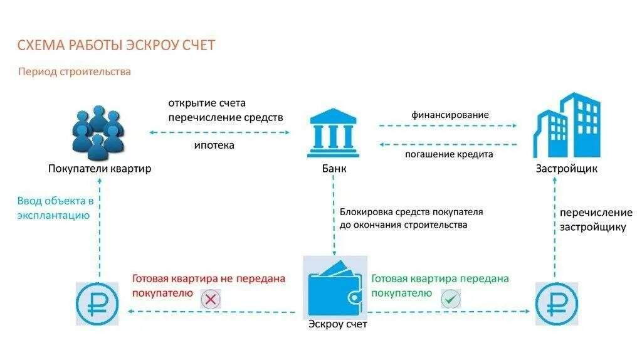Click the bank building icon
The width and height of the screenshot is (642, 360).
click(x=334, y=134)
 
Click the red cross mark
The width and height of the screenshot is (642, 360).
click(x=211, y=300)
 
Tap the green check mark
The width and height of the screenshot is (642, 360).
click(x=450, y=299)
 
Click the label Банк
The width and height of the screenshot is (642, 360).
click(x=334, y=169)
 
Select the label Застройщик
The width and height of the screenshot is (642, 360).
click(x=566, y=169)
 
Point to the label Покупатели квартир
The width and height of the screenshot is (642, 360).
click(x=100, y=169)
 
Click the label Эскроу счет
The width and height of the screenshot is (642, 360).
click(x=337, y=324)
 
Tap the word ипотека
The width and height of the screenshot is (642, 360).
click(x=214, y=146)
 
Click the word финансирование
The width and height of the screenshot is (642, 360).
click(x=450, y=115)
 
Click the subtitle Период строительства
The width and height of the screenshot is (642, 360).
click(x=75, y=71)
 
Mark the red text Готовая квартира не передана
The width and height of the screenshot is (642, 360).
click(x=208, y=278)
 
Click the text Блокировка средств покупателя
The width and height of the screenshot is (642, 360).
click(x=411, y=212)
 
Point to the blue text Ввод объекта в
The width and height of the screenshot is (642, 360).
click(x=55, y=201)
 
